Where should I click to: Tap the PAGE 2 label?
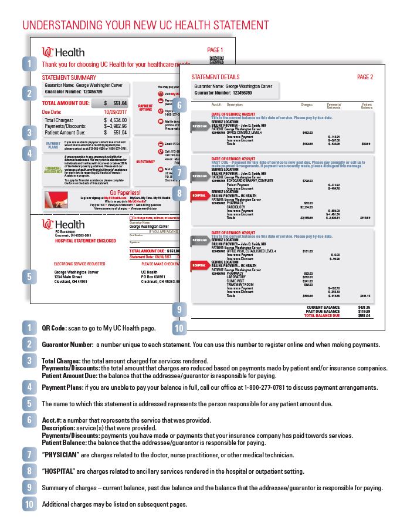[365, 77]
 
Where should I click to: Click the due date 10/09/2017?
[116, 111]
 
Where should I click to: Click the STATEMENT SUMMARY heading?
[69, 77]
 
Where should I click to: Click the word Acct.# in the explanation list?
[50, 420]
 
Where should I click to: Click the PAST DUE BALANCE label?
[324, 311]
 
